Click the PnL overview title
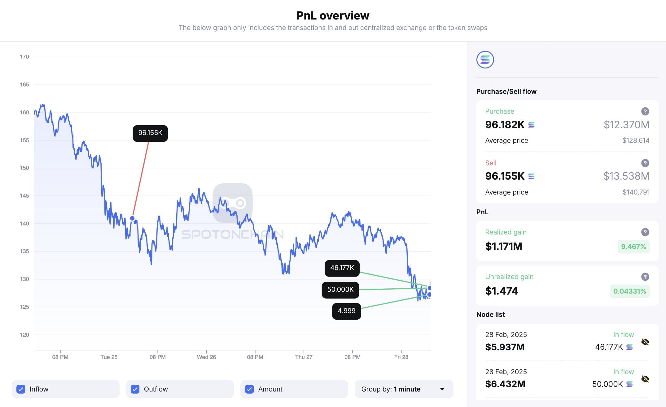point(333,15)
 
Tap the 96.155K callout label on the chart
point(150,133)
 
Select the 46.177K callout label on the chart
point(342,268)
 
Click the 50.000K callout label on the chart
point(340,290)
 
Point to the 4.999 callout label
point(346,311)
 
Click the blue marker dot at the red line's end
point(132,218)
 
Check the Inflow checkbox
point(21,389)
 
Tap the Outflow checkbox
point(135,389)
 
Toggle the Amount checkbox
point(249,389)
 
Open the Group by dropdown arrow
point(442,389)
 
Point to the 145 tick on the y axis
point(24,196)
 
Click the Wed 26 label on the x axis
point(206,357)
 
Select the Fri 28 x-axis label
point(401,357)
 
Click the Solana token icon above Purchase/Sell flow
point(485,59)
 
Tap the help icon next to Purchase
point(645,112)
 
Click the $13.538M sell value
point(626,176)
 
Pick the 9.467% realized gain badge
point(633,247)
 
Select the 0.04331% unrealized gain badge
point(629,291)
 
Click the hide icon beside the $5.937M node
point(645,342)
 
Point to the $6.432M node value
point(505,384)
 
